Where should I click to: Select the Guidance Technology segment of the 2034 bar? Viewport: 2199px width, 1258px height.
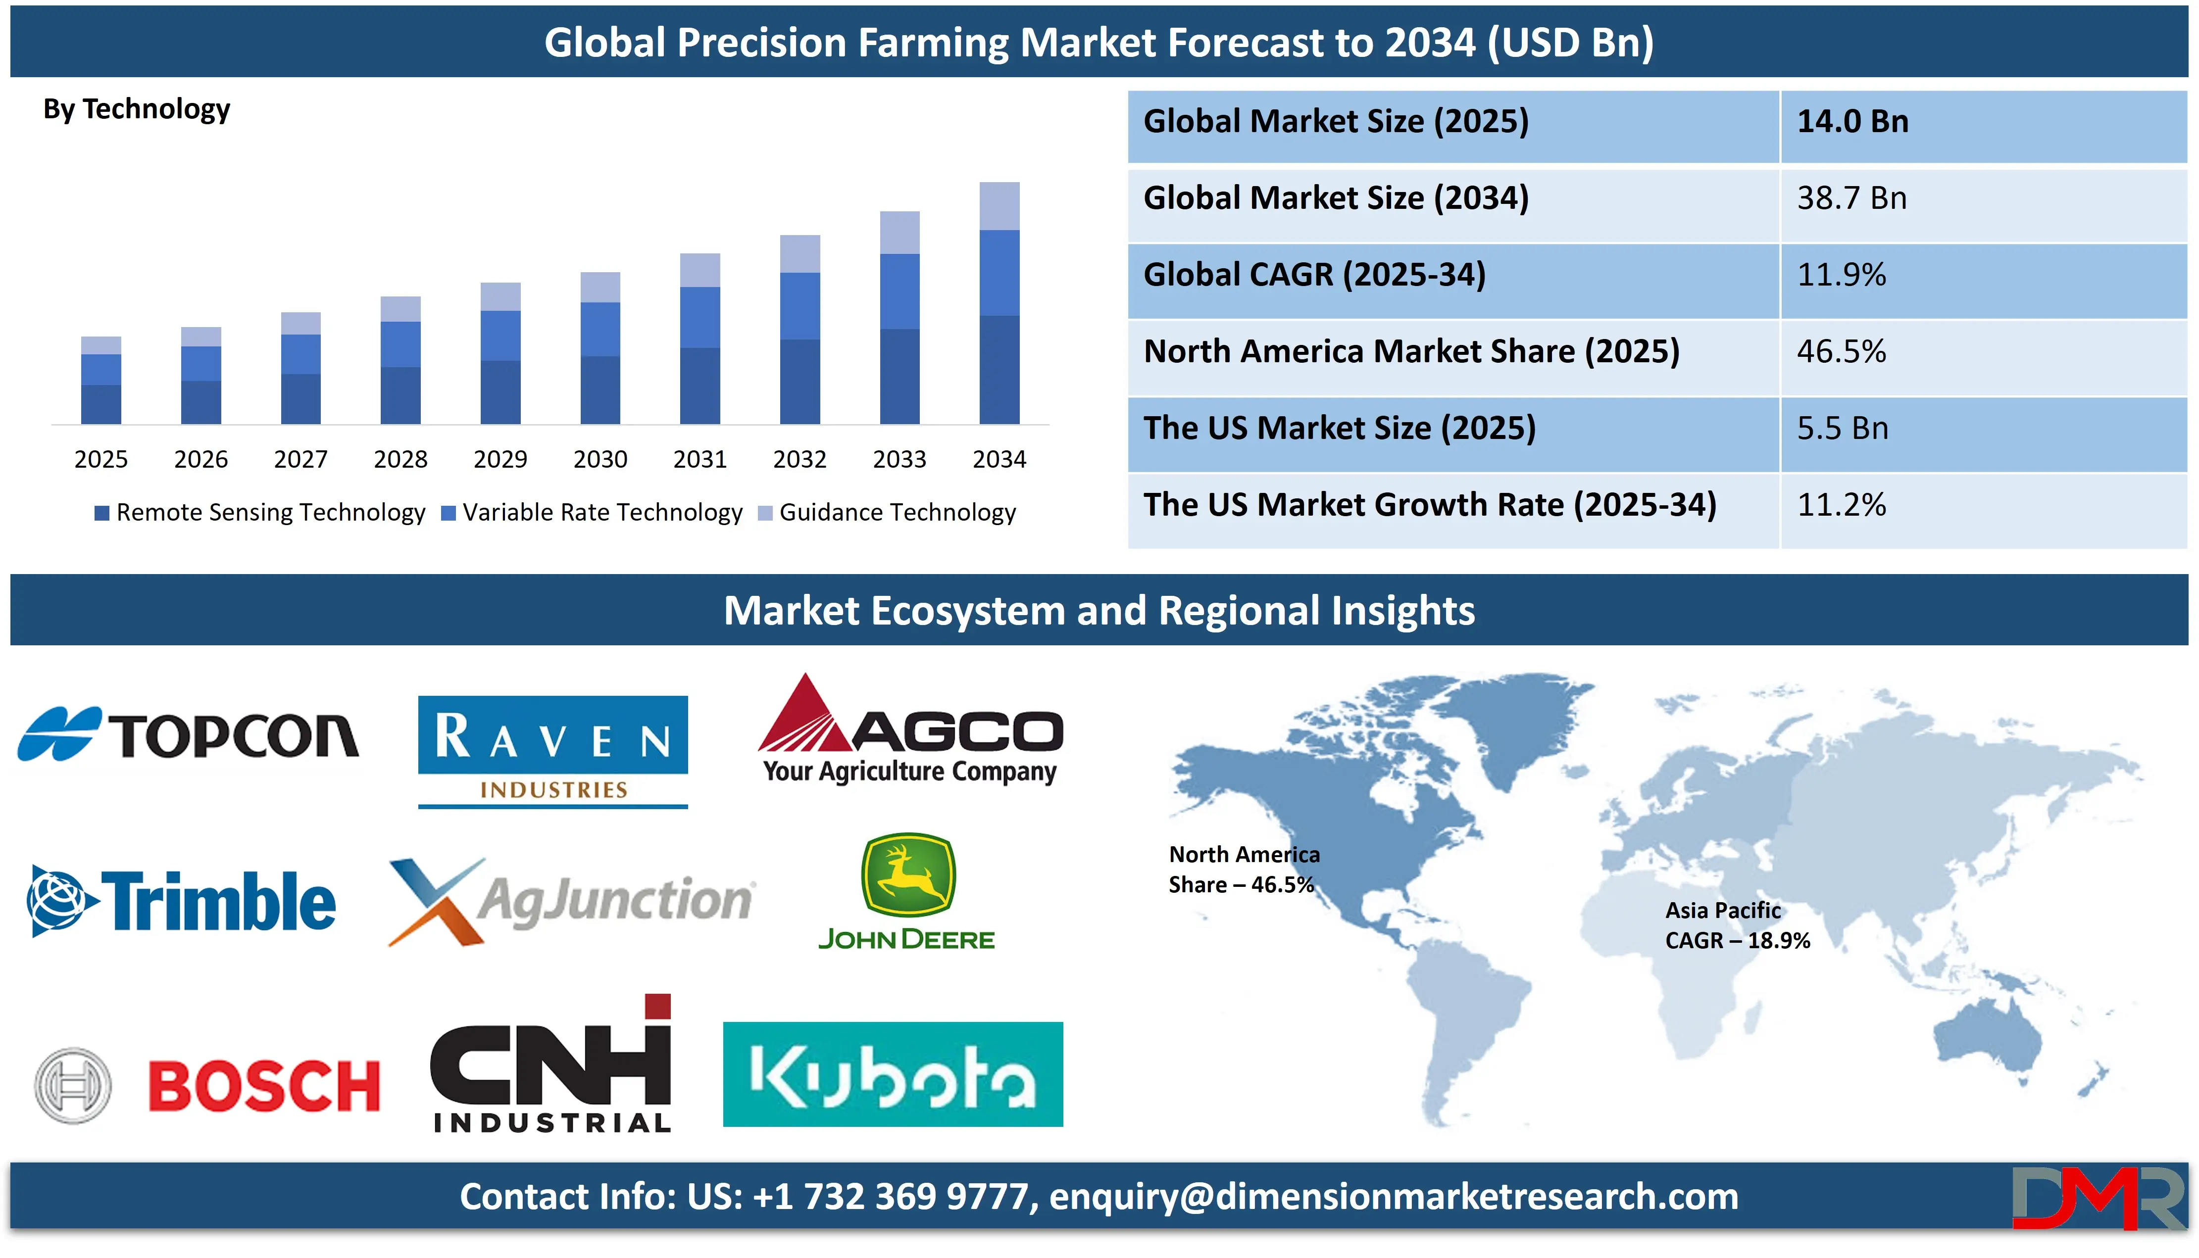[999, 206]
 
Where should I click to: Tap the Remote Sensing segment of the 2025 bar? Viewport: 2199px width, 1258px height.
[101, 404]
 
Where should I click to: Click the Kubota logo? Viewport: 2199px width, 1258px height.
[893, 1074]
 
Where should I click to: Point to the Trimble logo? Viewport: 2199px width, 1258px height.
[182, 901]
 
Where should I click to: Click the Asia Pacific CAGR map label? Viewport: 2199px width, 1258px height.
[1737, 925]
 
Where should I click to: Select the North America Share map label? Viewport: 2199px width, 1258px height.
[1244, 869]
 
